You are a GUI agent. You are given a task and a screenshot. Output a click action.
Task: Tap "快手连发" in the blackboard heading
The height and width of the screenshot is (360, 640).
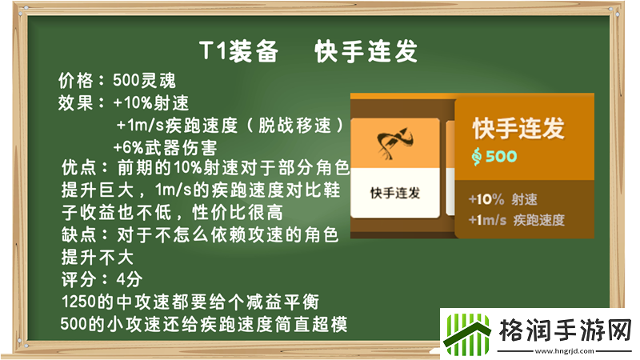[x=367, y=53]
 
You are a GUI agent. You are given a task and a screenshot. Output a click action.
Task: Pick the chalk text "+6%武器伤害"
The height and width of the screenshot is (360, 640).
[x=165, y=147]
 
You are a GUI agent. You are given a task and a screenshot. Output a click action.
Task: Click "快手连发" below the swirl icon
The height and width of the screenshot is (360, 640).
[x=395, y=194]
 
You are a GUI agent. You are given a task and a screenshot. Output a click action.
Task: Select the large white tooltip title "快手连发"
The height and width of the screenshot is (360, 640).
[x=518, y=128]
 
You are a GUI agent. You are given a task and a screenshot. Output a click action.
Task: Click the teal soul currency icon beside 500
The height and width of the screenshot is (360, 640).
[x=477, y=156]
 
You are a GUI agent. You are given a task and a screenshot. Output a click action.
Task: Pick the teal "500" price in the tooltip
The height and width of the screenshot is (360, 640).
[x=502, y=156]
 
